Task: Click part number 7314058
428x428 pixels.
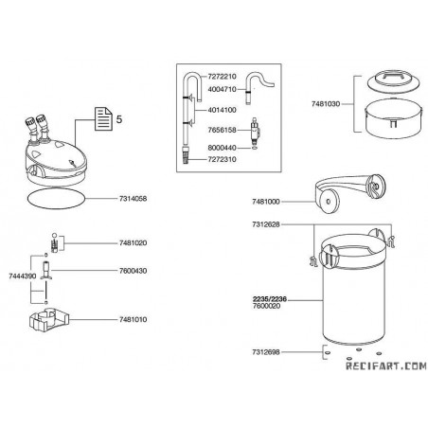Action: click(x=133, y=199)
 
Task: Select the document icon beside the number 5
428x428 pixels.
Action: click(x=104, y=118)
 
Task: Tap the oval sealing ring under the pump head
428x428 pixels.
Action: click(x=57, y=198)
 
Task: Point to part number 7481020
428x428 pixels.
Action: click(x=133, y=242)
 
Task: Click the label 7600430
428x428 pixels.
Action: click(x=133, y=271)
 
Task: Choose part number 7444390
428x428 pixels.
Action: click(x=23, y=276)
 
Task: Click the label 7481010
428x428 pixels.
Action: click(x=133, y=319)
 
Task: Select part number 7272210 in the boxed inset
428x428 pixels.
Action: click(x=222, y=77)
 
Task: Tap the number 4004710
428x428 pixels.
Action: click(x=222, y=89)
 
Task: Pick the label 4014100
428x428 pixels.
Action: click(x=222, y=110)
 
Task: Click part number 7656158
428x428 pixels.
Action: click(x=222, y=130)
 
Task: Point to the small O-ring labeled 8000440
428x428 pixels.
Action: click(x=254, y=148)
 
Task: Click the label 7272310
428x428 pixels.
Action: click(x=222, y=159)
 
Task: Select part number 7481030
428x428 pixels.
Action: click(x=326, y=104)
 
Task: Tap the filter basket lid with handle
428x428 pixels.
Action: click(x=394, y=81)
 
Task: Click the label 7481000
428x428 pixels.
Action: click(x=266, y=202)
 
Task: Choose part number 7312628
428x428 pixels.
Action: click(x=266, y=224)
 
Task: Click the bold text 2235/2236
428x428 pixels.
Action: click(x=270, y=299)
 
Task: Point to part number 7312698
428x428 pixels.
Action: click(x=266, y=351)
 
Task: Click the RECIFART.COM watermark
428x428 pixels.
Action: click(x=386, y=366)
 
